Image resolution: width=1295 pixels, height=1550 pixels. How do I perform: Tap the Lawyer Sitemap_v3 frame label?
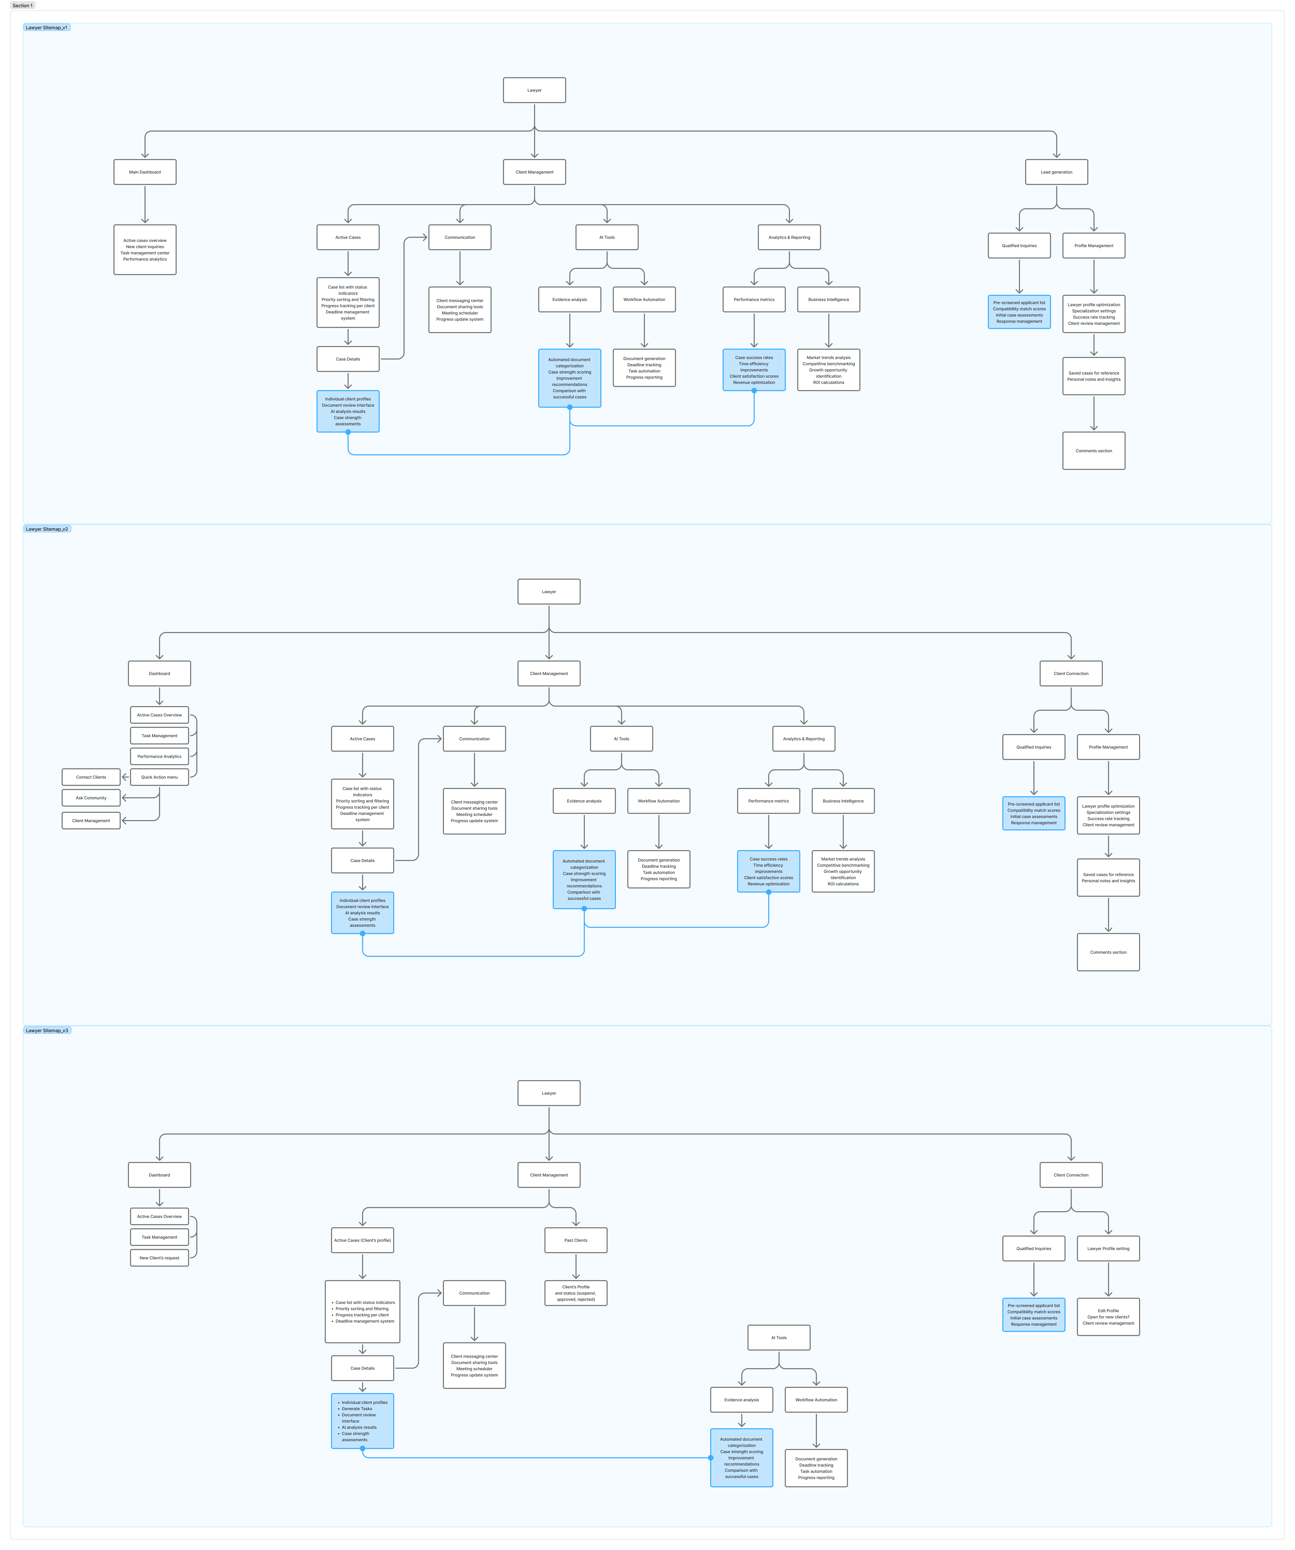coord(46,1030)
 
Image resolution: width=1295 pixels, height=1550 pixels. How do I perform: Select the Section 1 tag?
coord(22,5)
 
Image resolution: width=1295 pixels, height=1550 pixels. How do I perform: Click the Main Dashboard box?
coord(145,172)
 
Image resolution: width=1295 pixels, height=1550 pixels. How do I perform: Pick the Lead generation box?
coord(1056,172)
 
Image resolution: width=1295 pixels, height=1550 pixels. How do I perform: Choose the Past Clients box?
coord(575,1240)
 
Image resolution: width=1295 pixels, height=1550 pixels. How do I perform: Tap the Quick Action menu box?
coord(159,777)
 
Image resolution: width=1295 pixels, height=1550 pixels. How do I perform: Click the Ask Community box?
coord(91,798)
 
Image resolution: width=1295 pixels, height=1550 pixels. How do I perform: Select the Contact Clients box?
coord(91,777)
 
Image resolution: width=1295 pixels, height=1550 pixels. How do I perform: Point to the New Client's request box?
coord(159,1258)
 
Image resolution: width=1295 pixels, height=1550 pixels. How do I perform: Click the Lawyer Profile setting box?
coord(1107,1249)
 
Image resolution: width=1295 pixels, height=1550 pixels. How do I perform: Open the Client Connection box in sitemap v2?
coord(1071,673)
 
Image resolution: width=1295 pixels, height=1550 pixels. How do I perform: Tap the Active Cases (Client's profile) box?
coord(362,1240)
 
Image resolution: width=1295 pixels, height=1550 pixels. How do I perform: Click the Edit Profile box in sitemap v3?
coord(1107,1317)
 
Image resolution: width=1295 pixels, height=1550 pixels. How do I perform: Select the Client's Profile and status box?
coord(575,1293)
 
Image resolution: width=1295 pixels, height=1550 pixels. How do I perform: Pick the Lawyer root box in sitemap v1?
coord(534,90)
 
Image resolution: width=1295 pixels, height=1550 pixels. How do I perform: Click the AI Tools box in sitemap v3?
coord(779,1337)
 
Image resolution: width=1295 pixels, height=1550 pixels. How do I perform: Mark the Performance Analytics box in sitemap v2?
coord(159,757)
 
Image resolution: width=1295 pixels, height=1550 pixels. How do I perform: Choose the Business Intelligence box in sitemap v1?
coord(828,300)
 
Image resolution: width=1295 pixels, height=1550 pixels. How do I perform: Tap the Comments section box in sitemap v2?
coord(1107,952)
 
